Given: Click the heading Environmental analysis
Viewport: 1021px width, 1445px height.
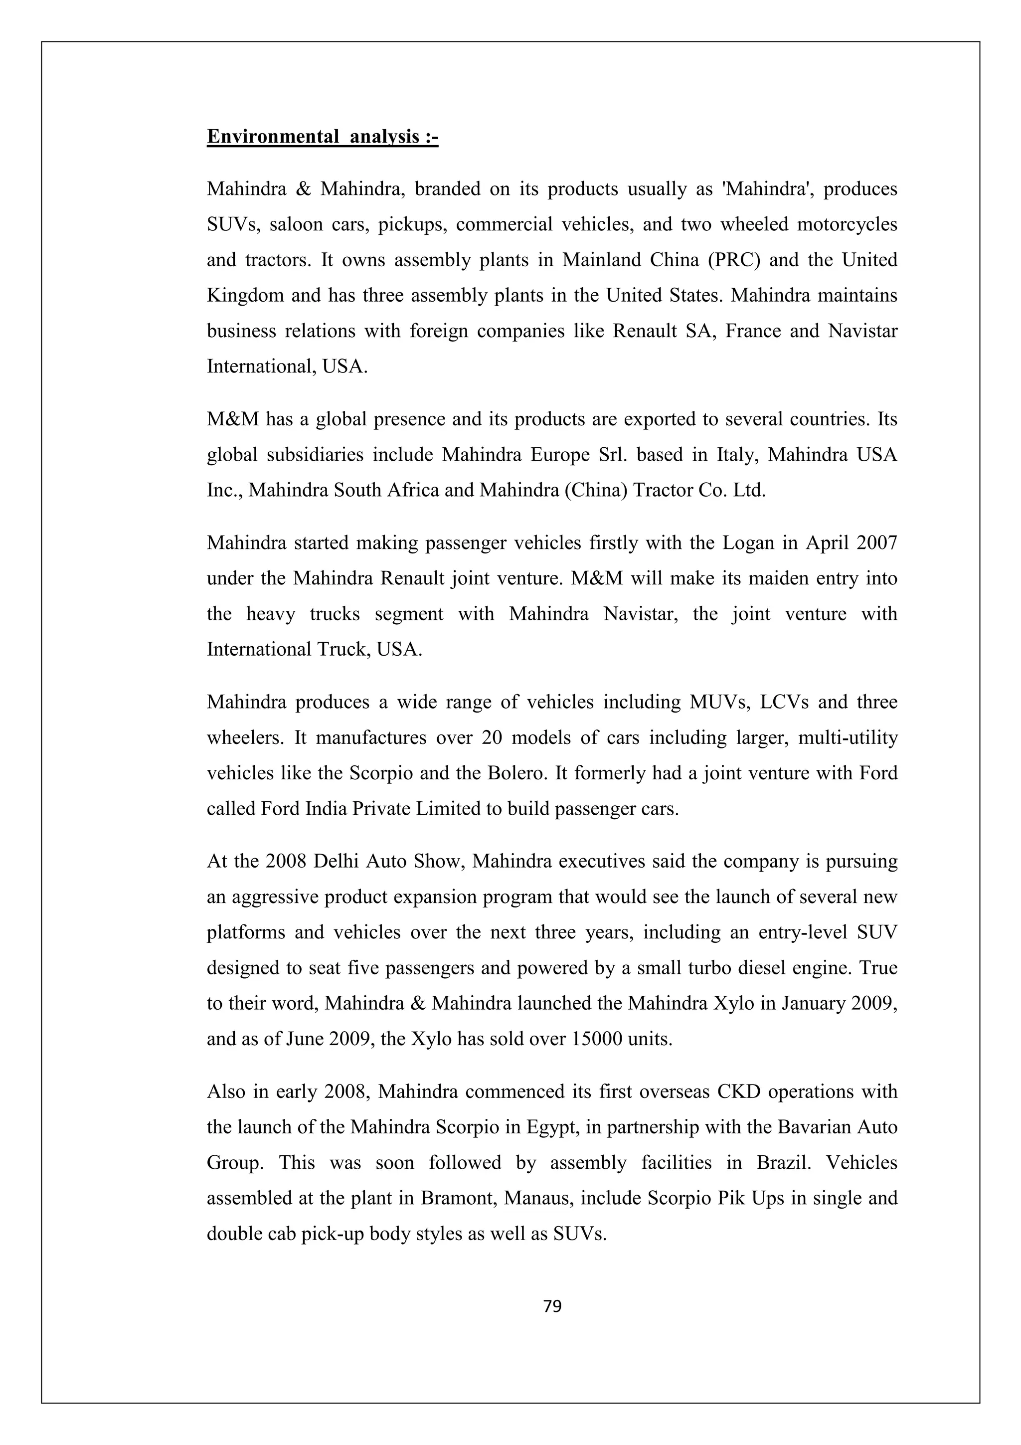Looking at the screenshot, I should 322,137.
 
